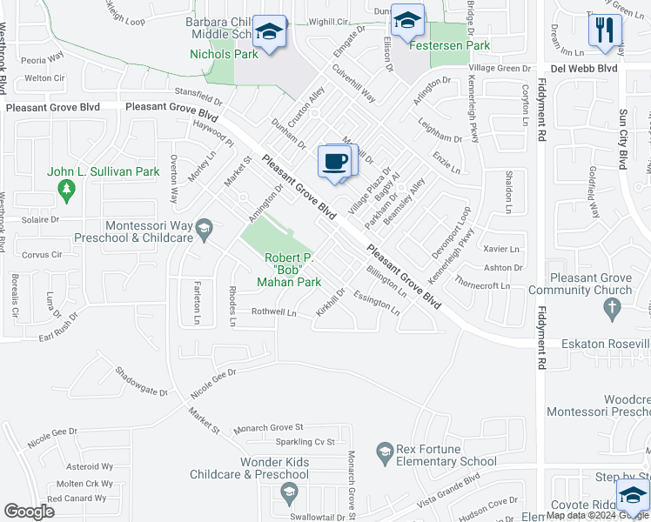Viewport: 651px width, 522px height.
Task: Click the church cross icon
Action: click(x=612, y=307)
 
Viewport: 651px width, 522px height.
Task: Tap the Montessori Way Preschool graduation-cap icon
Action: click(x=204, y=229)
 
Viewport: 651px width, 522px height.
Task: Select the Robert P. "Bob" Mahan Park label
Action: click(x=289, y=271)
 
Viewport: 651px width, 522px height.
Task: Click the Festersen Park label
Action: click(x=450, y=46)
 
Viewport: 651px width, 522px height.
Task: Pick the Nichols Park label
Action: click(x=224, y=54)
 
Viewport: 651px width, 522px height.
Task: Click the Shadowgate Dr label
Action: click(x=141, y=381)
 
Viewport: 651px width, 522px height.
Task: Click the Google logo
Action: click(x=29, y=512)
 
